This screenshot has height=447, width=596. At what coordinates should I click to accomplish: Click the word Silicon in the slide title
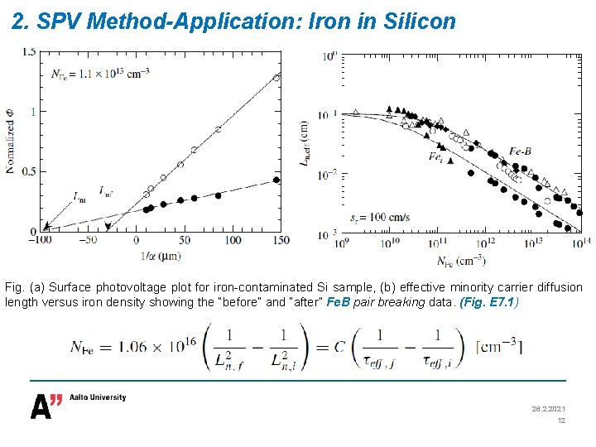[421, 22]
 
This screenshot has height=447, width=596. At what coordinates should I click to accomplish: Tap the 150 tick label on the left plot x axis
[280, 240]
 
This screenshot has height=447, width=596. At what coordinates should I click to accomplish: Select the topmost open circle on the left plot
[276, 77]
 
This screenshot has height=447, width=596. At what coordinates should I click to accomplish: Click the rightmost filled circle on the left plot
[276, 180]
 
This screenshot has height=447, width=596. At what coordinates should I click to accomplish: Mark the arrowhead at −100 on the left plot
[46, 226]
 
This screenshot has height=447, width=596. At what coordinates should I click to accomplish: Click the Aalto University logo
[79, 405]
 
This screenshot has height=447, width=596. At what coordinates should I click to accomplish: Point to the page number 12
[560, 421]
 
